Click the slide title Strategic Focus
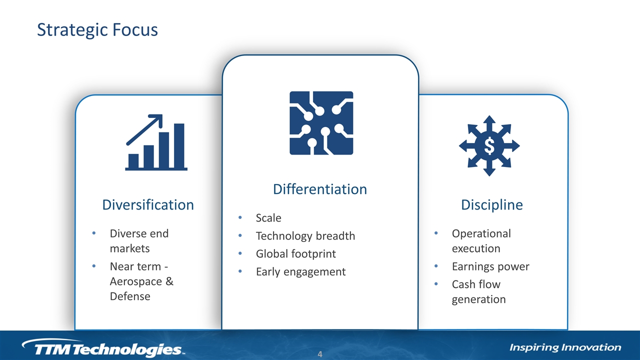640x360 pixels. tap(97, 30)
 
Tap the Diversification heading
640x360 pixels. tap(148, 205)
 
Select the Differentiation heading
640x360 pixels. tap(320, 189)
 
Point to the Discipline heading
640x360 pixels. tap(492, 205)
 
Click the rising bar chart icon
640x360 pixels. tap(156, 142)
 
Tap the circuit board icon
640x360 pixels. tap(321, 123)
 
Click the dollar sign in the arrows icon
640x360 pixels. tap(489, 145)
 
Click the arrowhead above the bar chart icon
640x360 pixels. tap(157, 119)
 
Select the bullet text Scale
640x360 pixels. tap(268, 218)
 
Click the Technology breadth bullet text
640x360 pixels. tap(305, 236)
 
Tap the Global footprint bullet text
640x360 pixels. tap(295, 253)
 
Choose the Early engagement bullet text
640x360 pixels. tap(301, 271)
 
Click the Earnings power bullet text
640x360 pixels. tap(490, 266)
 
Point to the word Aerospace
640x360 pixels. tap(135, 281)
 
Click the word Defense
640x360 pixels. tap(130, 296)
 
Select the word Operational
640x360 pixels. tap(481, 233)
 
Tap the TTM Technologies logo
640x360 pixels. tap(103, 347)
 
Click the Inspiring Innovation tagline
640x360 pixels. tap(565, 347)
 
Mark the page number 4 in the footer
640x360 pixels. tap(320, 354)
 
